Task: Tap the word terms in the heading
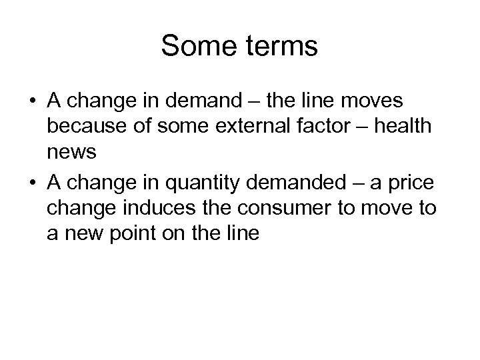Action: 281,47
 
